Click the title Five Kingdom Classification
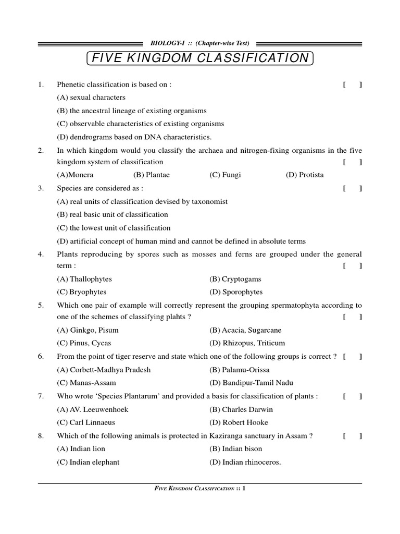[200, 58]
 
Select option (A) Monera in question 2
[75, 175]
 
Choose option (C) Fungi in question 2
[225, 175]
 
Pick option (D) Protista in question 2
[305, 175]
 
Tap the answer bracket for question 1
[353, 84]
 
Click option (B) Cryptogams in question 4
[235, 279]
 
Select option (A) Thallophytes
[84, 279]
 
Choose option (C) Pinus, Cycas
[84, 343]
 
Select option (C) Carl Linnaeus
[86, 422]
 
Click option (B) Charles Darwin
[241, 409]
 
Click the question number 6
[41, 357]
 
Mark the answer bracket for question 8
[353, 436]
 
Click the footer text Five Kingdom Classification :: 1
[200, 489]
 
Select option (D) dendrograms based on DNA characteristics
[134, 137]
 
